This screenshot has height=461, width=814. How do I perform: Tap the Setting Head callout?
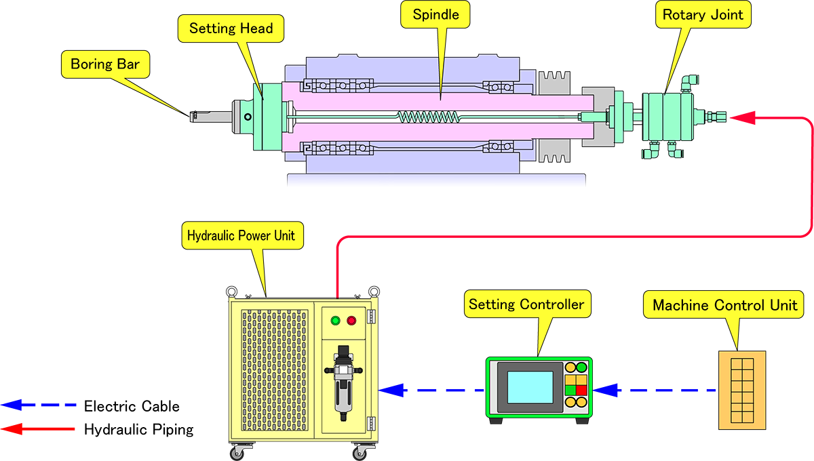click(231, 28)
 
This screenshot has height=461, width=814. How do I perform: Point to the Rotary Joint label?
click(703, 14)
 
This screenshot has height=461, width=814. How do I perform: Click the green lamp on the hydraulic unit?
click(335, 321)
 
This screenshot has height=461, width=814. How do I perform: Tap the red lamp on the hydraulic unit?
click(351, 321)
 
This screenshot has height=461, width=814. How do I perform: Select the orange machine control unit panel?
click(742, 390)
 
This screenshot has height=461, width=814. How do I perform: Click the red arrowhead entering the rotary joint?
click(744, 118)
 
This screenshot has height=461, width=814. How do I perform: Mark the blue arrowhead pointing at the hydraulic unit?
click(392, 390)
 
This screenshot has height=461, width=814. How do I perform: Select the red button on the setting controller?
click(581, 390)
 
